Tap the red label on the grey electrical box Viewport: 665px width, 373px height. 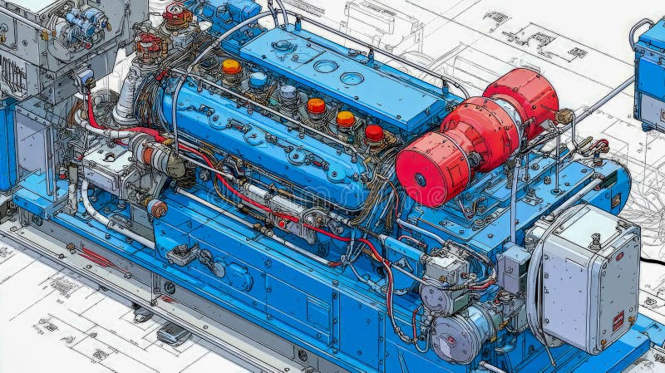tap(618, 321)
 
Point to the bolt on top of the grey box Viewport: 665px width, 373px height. tap(595, 242)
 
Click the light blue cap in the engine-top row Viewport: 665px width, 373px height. tap(259, 81)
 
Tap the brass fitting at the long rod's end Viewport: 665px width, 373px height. tap(565, 116)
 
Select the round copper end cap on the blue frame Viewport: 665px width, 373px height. tap(157, 209)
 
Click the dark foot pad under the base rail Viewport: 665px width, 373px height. tap(174, 334)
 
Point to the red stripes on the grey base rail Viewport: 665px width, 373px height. tap(96, 258)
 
